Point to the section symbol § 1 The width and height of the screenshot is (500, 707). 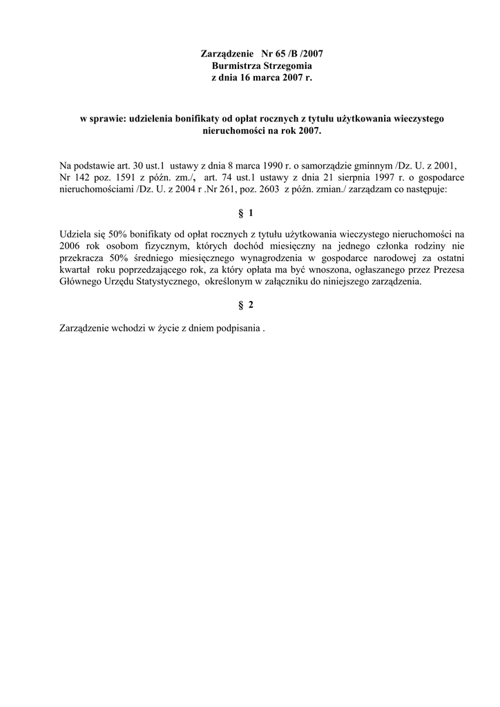250,214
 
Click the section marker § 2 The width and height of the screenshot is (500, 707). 250,305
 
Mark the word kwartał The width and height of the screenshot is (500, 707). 76,270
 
